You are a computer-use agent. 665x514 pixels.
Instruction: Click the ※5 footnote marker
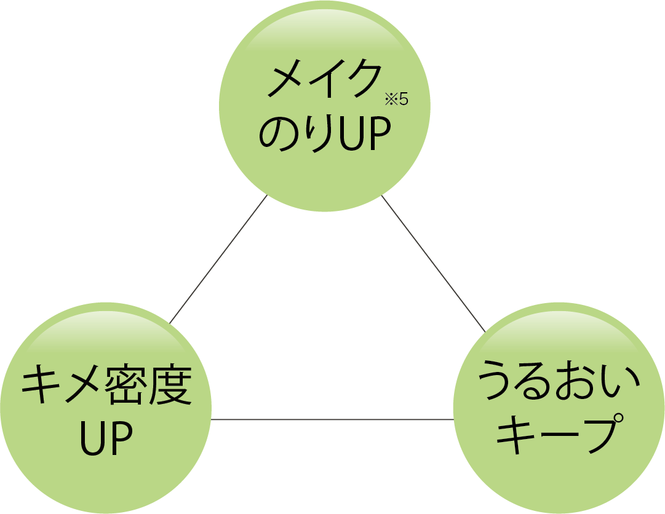[x=396, y=98]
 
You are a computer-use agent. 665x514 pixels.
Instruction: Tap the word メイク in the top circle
[x=323, y=81]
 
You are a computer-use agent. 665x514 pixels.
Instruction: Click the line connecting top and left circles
[x=218, y=259]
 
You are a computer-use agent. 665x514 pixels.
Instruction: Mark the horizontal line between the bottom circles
[x=332, y=420]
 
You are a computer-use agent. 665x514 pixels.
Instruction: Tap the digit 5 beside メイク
[x=404, y=98]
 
